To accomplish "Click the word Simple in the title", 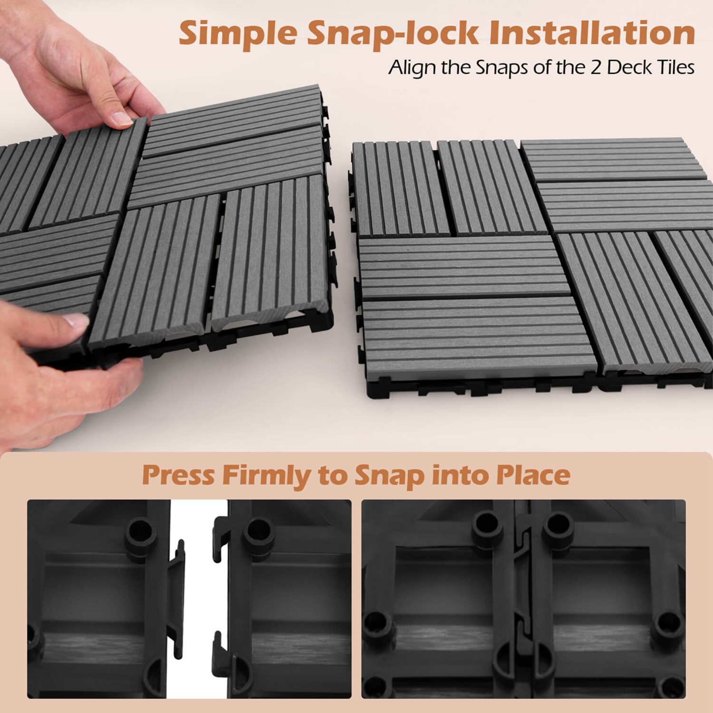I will [x=237, y=33].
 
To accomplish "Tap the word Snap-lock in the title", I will [x=393, y=33].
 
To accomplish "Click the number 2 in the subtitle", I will [x=596, y=67].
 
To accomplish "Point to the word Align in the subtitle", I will [x=412, y=67].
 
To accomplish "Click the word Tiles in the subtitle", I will [x=675, y=67].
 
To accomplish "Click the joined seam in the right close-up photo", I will [x=523, y=599].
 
